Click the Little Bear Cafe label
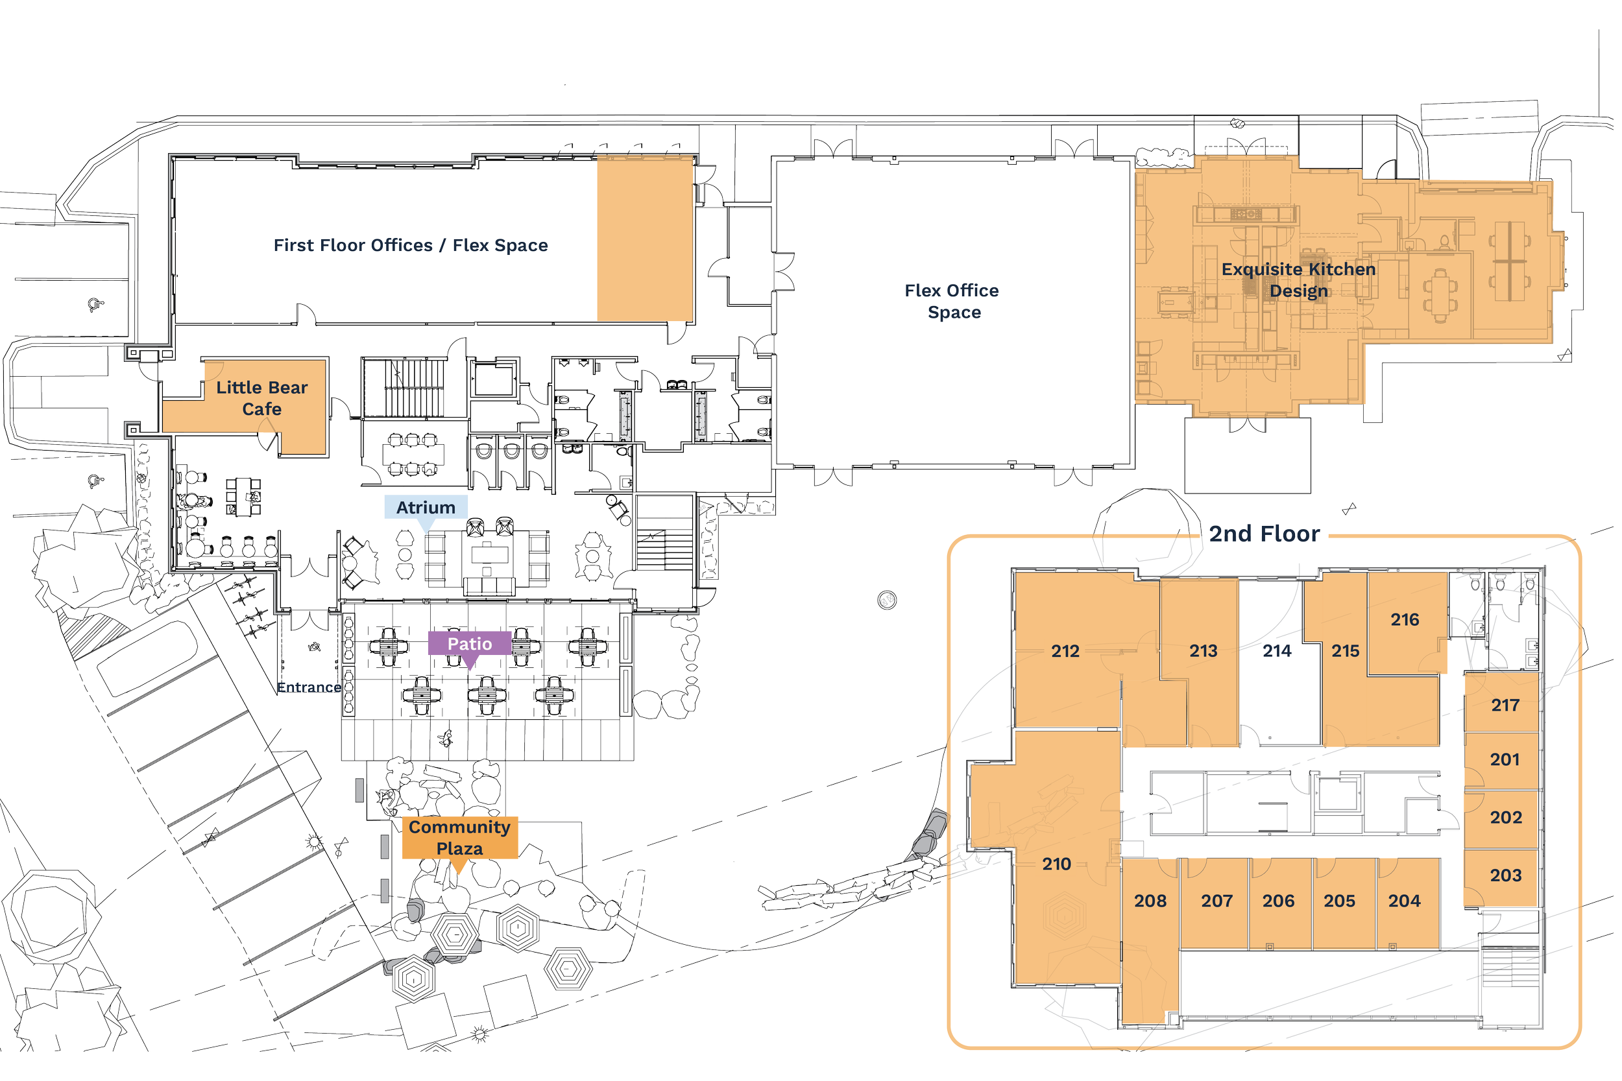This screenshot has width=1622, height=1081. [262, 398]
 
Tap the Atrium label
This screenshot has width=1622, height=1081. [426, 507]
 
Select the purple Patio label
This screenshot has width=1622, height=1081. [470, 643]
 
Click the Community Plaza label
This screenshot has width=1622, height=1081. [459, 837]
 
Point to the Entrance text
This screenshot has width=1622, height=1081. [308, 687]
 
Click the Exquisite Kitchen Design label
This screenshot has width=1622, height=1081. [1298, 280]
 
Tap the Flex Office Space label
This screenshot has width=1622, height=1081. [952, 302]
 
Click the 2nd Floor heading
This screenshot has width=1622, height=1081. [1264, 533]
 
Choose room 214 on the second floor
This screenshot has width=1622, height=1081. [1276, 651]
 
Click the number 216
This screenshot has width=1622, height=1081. [1405, 619]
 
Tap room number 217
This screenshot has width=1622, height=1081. [1505, 705]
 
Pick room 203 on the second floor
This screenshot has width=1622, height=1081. [1505, 875]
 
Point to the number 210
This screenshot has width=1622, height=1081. [1056, 863]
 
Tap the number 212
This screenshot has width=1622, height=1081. [1065, 651]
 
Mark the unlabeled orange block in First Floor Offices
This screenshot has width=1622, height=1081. [645, 239]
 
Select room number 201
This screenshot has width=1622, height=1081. [1505, 759]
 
